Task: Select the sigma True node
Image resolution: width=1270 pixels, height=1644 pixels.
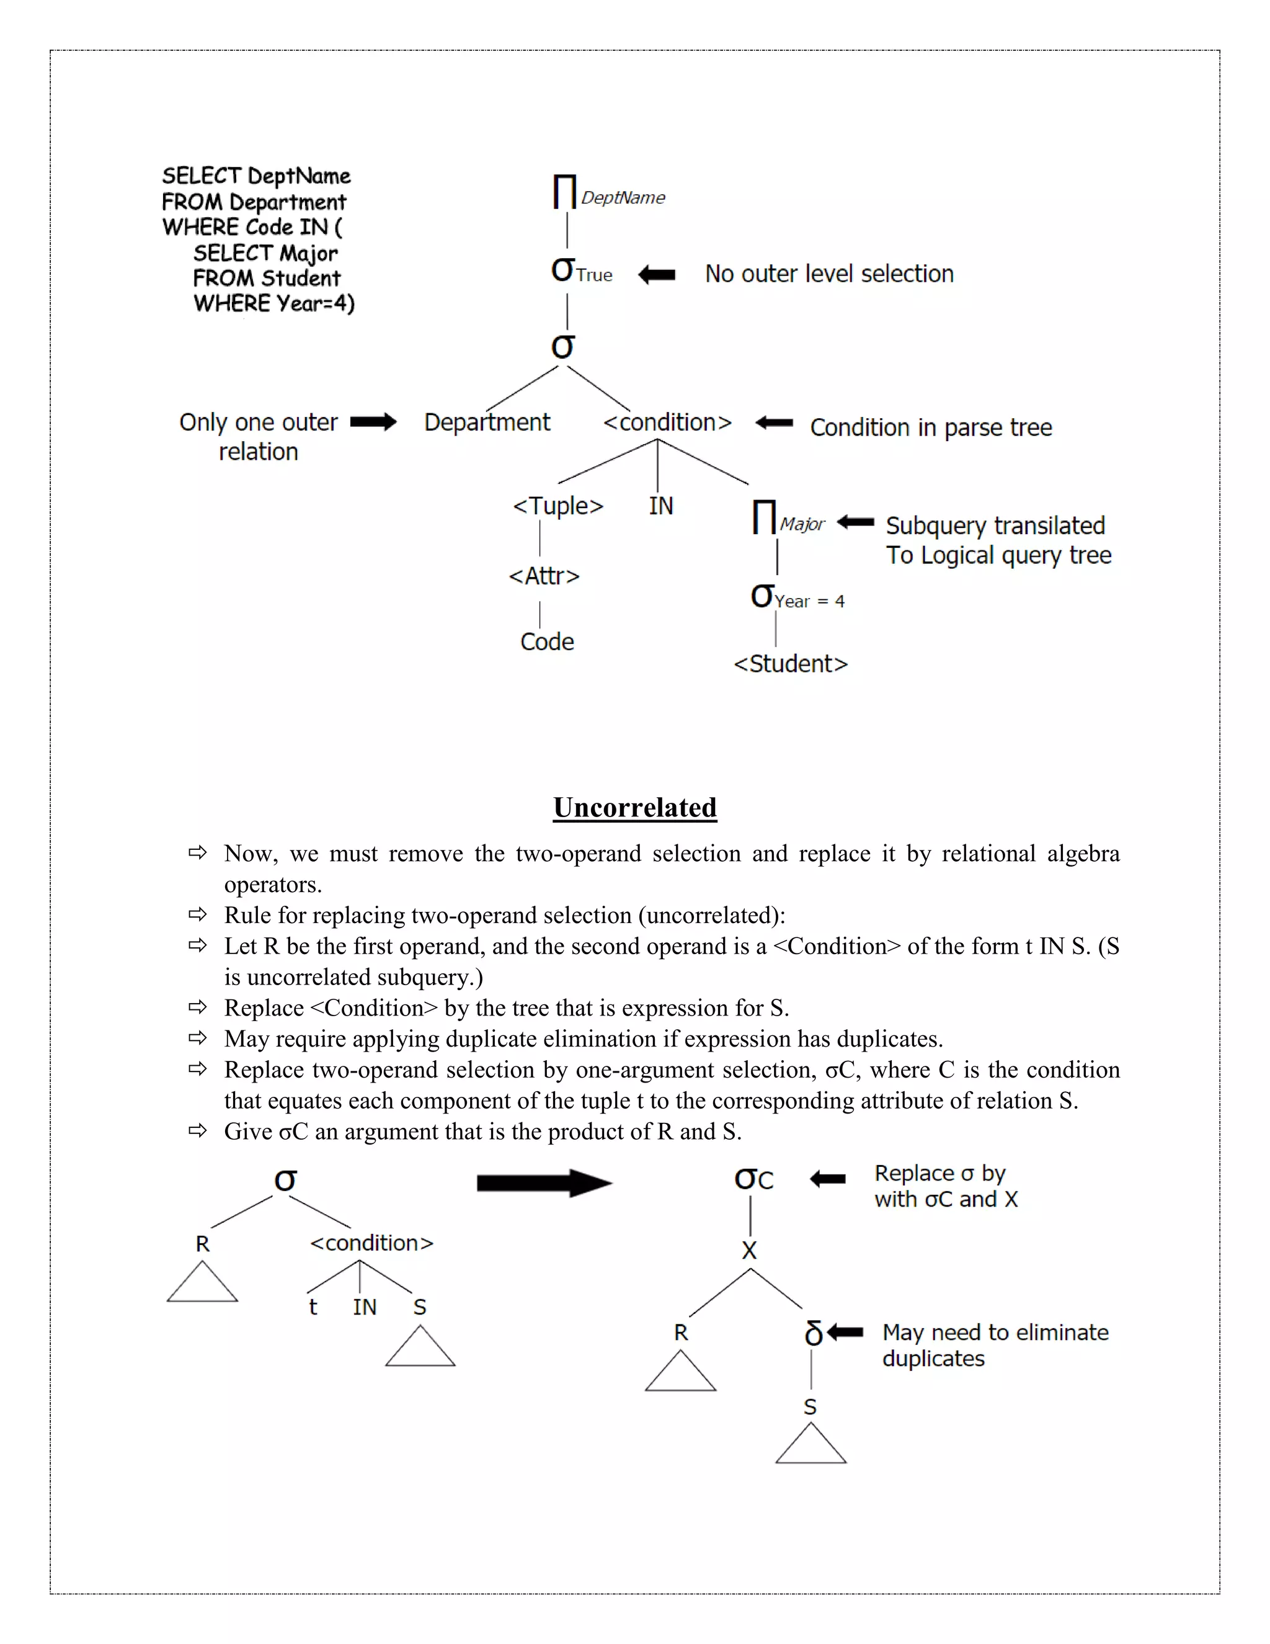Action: pyautogui.click(x=581, y=270)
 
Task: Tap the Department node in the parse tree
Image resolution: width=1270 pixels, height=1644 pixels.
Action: pyautogui.click(x=487, y=422)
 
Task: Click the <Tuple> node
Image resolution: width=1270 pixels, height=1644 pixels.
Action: pyautogui.click(x=557, y=506)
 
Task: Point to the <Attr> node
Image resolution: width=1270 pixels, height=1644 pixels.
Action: pyautogui.click(x=544, y=576)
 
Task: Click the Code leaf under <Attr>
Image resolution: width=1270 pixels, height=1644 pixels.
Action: pyautogui.click(x=547, y=641)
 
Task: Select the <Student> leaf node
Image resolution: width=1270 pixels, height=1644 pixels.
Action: pyautogui.click(x=790, y=664)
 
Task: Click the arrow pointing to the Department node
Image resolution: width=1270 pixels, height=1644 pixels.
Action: pyautogui.click(x=373, y=422)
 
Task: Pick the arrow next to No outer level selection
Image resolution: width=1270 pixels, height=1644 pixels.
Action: pyautogui.click(x=657, y=275)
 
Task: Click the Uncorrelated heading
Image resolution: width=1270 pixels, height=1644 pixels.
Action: pyautogui.click(x=634, y=807)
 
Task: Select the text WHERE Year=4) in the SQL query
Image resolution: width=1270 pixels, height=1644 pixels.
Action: pyautogui.click(x=274, y=303)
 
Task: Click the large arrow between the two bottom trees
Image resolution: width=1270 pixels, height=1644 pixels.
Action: pyautogui.click(x=544, y=1182)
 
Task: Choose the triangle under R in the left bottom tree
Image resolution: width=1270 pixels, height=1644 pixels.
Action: pyautogui.click(x=202, y=1284)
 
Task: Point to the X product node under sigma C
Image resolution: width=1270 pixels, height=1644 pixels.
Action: pyautogui.click(x=749, y=1250)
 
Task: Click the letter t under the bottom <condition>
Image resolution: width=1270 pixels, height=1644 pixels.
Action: pyautogui.click(x=313, y=1307)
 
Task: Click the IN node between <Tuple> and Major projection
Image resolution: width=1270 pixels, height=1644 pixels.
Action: pyautogui.click(x=660, y=506)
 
